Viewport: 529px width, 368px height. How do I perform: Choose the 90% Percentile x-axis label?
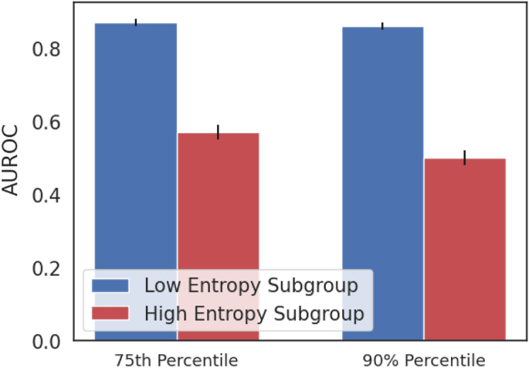424,359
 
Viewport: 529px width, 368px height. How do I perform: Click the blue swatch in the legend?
112,285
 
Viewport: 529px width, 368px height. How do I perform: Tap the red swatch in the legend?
112,313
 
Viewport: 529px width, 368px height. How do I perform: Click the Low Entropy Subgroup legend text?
251,285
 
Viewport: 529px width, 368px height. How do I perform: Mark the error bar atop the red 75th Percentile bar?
218,132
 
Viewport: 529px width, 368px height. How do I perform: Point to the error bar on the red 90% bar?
465,158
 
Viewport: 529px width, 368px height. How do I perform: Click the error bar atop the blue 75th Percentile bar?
136,22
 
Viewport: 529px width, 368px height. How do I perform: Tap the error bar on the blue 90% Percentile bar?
383,27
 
